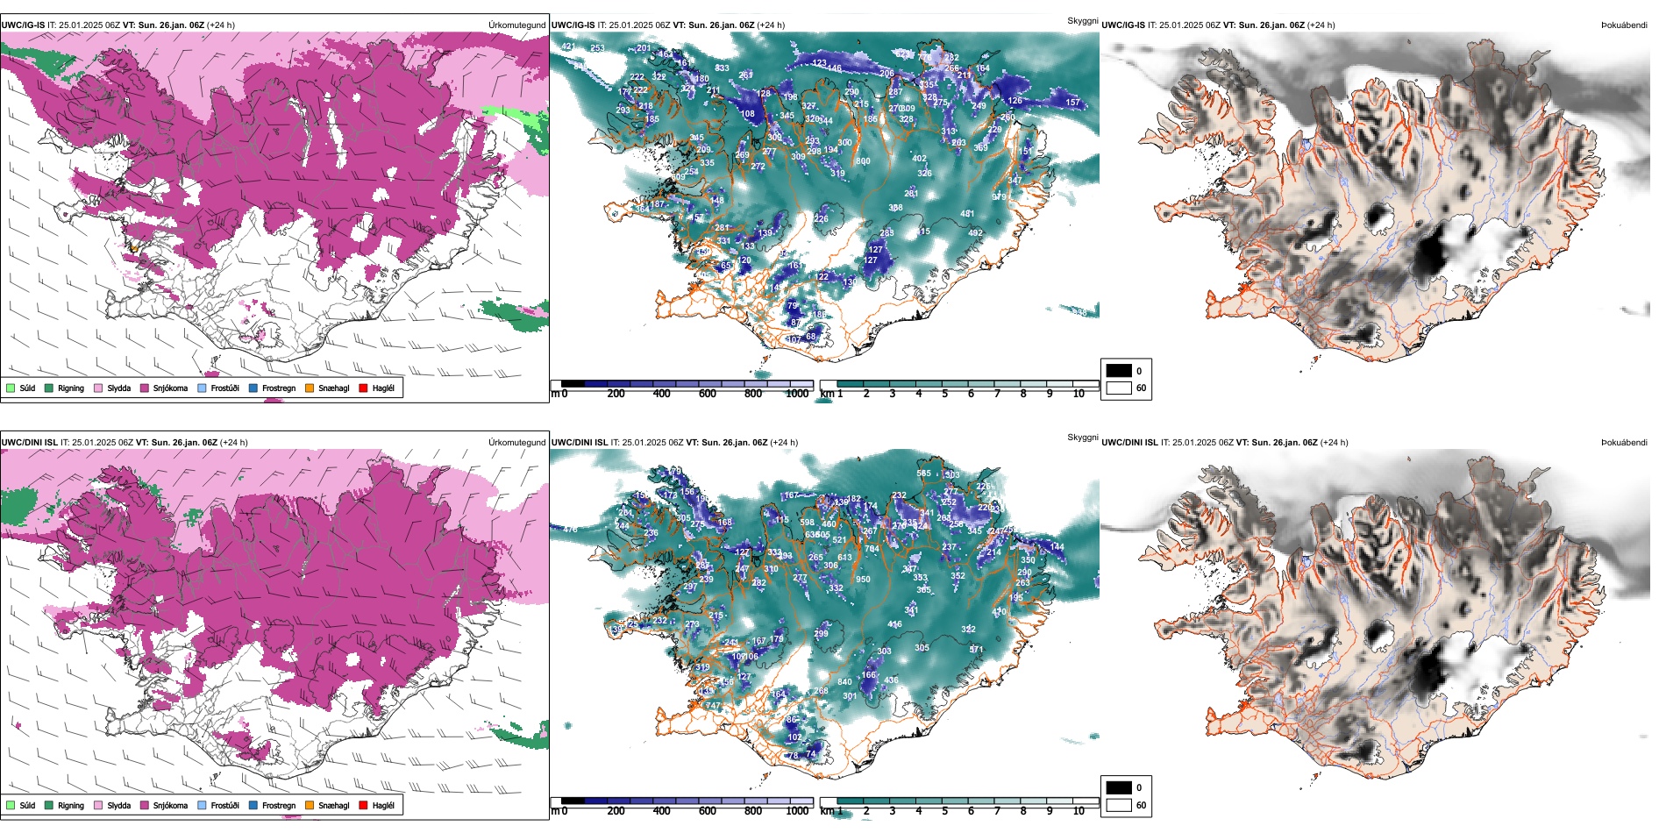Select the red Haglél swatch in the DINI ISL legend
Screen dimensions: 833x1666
pyautogui.click(x=363, y=805)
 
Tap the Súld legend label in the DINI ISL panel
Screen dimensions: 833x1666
pyautogui.click(x=27, y=805)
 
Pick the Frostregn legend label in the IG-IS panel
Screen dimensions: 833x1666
pyautogui.click(x=279, y=388)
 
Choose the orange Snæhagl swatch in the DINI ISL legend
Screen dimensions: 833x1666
pyautogui.click(x=310, y=805)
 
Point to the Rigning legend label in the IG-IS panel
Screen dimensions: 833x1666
pyautogui.click(x=71, y=388)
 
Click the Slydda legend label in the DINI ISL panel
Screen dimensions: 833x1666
pyautogui.click(x=118, y=805)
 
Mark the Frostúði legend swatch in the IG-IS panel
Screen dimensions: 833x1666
pyautogui.click(x=203, y=388)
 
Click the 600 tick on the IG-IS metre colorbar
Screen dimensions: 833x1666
pyautogui.click(x=708, y=394)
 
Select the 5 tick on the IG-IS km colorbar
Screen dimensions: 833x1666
pyautogui.click(x=945, y=394)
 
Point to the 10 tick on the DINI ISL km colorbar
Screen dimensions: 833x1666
pyautogui.click(x=1079, y=811)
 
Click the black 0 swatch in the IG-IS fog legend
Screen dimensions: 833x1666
pyautogui.click(x=1119, y=371)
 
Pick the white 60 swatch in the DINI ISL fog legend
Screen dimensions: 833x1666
pyautogui.click(x=1119, y=805)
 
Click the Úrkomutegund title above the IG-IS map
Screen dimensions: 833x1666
pyautogui.click(x=516, y=25)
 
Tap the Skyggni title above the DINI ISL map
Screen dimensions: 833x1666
pyautogui.click(x=1082, y=437)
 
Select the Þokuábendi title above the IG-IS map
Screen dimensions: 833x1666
pyautogui.click(x=1624, y=25)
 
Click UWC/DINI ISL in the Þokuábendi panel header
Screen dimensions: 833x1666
pyautogui.click(x=1129, y=443)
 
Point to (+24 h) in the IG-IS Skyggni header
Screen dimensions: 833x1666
pyautogui.click(x=772, y=25)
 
